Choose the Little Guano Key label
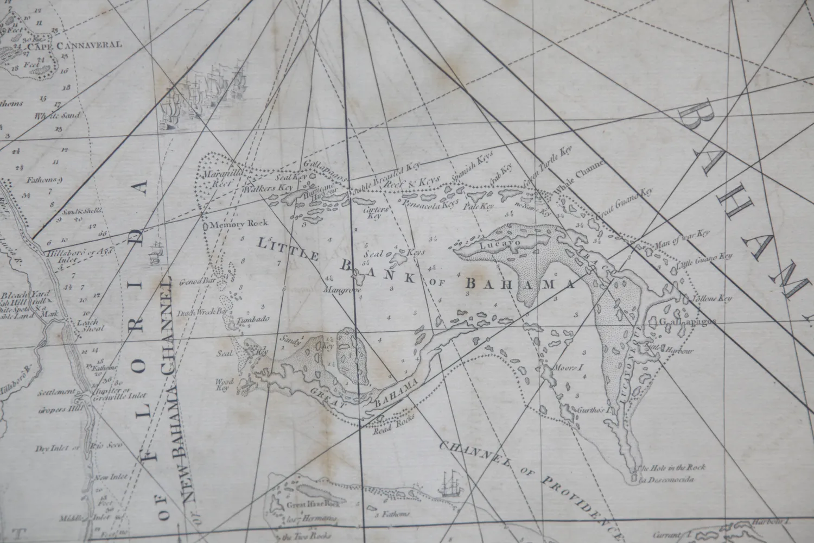tap(705, 261)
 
